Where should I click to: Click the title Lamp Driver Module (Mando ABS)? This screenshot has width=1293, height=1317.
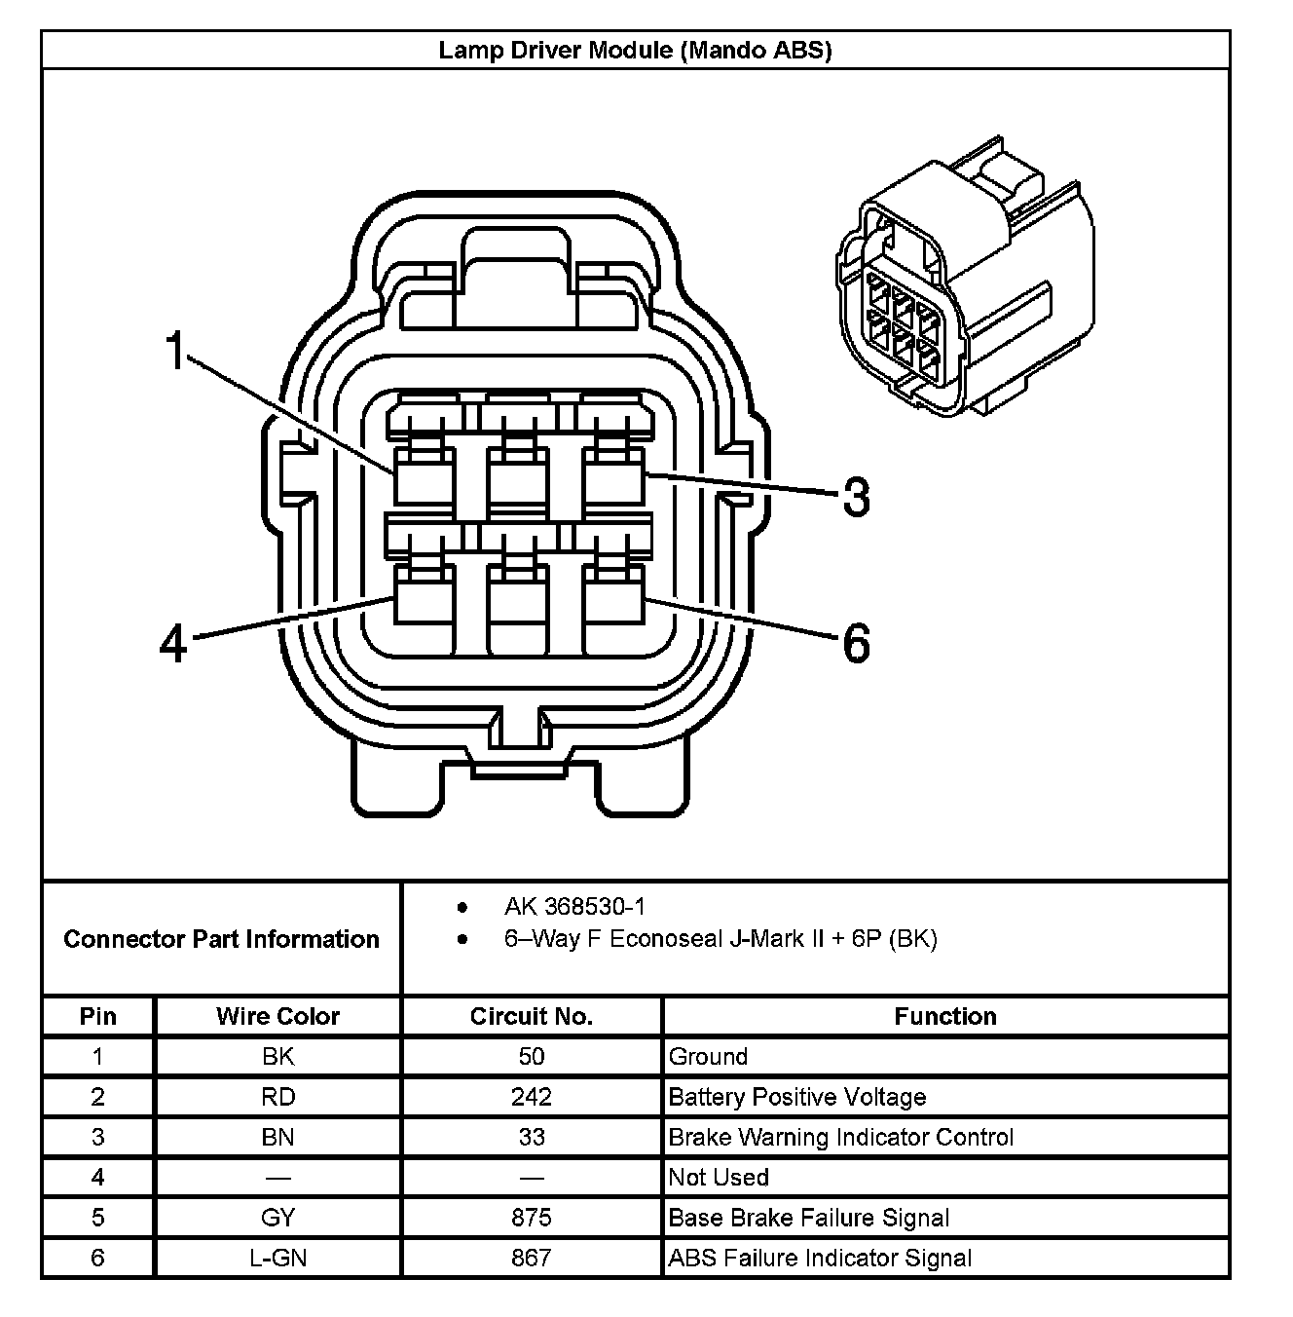pos(635,50)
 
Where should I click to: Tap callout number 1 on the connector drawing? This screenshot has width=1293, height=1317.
pos(174,352)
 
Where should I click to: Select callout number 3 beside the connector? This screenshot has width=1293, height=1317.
pos(856,497)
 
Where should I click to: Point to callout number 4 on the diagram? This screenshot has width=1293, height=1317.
pos(173,644)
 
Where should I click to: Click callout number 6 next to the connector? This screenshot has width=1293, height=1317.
pos(856,644)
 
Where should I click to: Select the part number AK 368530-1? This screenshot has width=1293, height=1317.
pos(574,907)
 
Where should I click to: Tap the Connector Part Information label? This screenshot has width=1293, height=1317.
pos(221,939)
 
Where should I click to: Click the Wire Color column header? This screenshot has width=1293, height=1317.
pos(277,1017)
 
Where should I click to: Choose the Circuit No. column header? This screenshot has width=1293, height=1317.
pos(531,1017)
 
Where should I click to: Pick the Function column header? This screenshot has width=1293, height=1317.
pos(944,1017)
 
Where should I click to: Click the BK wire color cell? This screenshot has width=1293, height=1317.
pos(277,1057)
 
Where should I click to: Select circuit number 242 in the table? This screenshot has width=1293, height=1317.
pos(531,1097)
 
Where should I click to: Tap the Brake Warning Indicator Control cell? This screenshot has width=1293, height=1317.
pos(840,1138)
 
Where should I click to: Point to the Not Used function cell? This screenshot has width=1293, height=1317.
pos(719,1178)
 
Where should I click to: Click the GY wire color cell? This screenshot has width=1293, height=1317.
pos(277,1218)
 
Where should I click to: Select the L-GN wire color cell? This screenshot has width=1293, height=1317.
pos(277,1259)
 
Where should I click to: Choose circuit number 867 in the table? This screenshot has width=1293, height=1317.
pos(531,1259)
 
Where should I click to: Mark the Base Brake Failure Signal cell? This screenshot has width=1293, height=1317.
pos(808,1218)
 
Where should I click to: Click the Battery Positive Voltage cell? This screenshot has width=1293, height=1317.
pos(796,1097)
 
